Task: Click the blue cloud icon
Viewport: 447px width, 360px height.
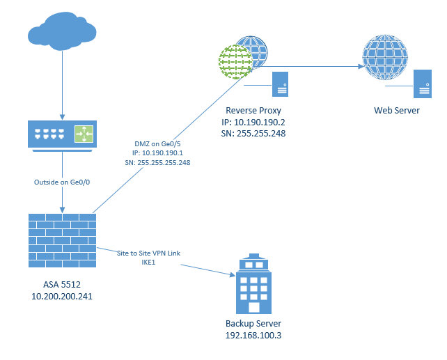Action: [x=62, y=33]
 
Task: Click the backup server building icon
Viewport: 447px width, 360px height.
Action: [x=253, y=285]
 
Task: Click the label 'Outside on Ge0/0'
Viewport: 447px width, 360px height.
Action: [x=62, y=182]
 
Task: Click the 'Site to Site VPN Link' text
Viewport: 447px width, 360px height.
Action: [x=148, y=253]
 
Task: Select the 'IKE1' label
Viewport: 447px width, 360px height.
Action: [x=149, y=263]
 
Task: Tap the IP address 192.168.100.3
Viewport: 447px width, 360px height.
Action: [x=253, y=335]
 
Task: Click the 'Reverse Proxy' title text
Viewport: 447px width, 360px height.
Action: [x=256, y=111]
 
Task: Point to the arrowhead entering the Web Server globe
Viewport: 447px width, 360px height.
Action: [x=361, y=68]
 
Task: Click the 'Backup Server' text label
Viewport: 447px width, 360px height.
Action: [x=253, y=324]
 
